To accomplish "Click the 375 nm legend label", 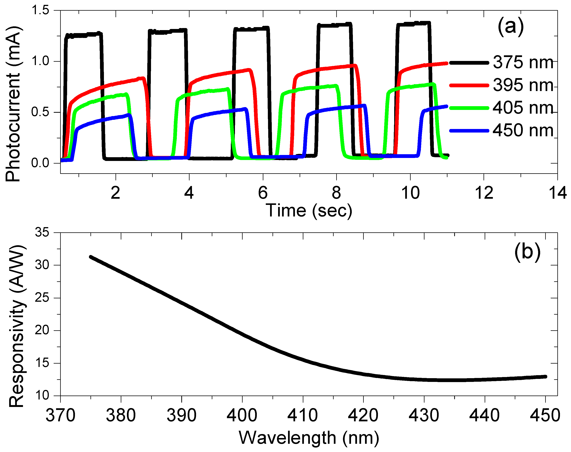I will (x=523, y=63).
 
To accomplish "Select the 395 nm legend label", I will (x=523, y=85).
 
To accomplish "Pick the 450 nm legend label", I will (x=523, y=130).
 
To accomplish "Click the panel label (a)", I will (x=510, y=27).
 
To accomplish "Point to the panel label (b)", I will (x=527, y=253).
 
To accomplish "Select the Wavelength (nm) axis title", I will (x=309, y=438).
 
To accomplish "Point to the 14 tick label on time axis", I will (x=558, y=193).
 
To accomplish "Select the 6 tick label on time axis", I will (x=263, y=193).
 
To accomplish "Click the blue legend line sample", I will (x=469, y=130).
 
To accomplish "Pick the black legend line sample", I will (x=469, y=63).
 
